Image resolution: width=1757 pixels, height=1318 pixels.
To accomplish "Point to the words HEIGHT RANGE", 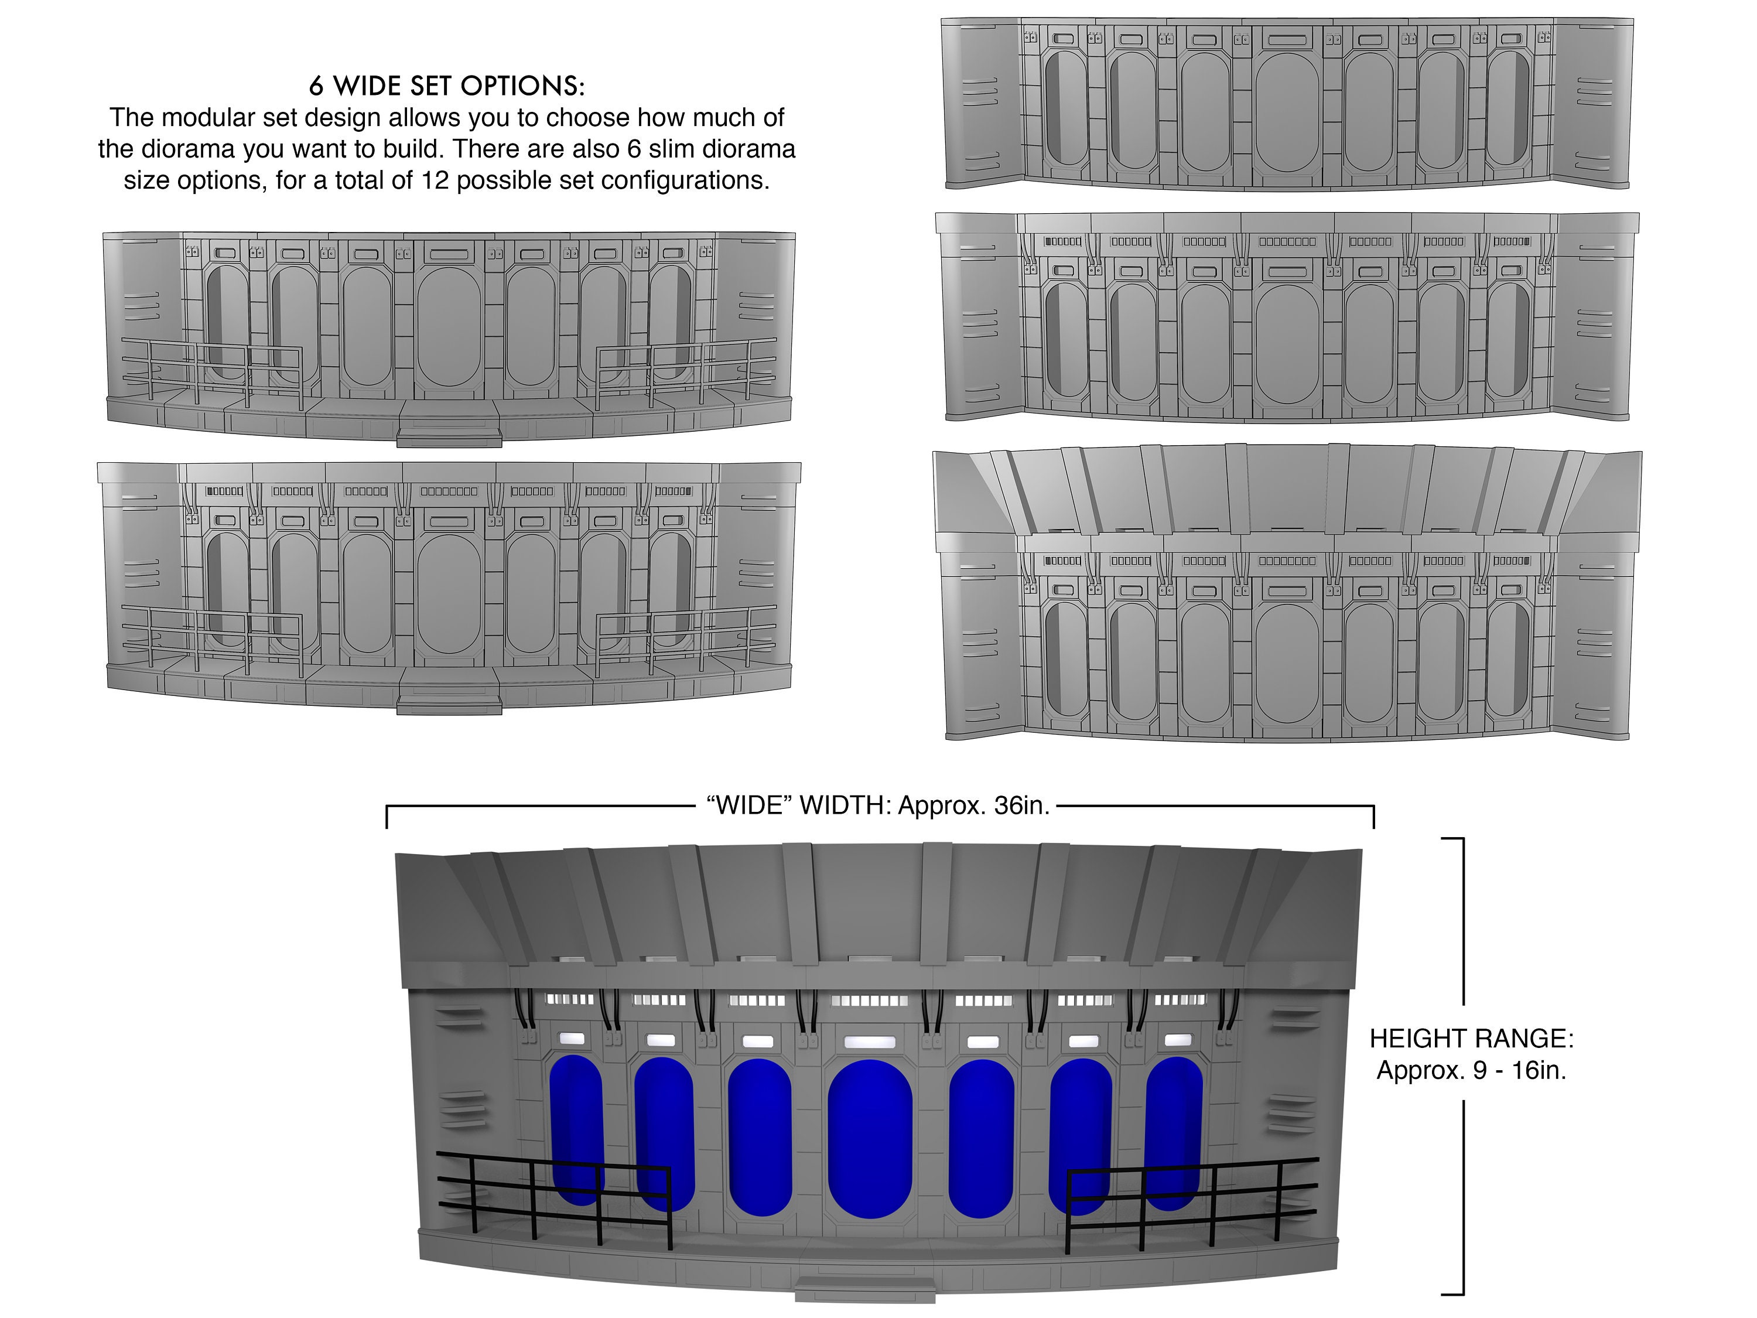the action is click(x=1471, y=1039).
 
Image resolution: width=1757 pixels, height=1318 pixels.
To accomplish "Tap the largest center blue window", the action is click(x=870, y=1138).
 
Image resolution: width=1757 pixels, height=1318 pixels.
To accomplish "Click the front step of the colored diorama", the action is click(x=864, y=1289).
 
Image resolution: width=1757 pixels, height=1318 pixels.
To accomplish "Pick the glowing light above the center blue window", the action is click(x=870, y=1042).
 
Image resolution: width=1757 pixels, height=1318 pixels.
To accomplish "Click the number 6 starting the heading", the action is click(x=317, y=85).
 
